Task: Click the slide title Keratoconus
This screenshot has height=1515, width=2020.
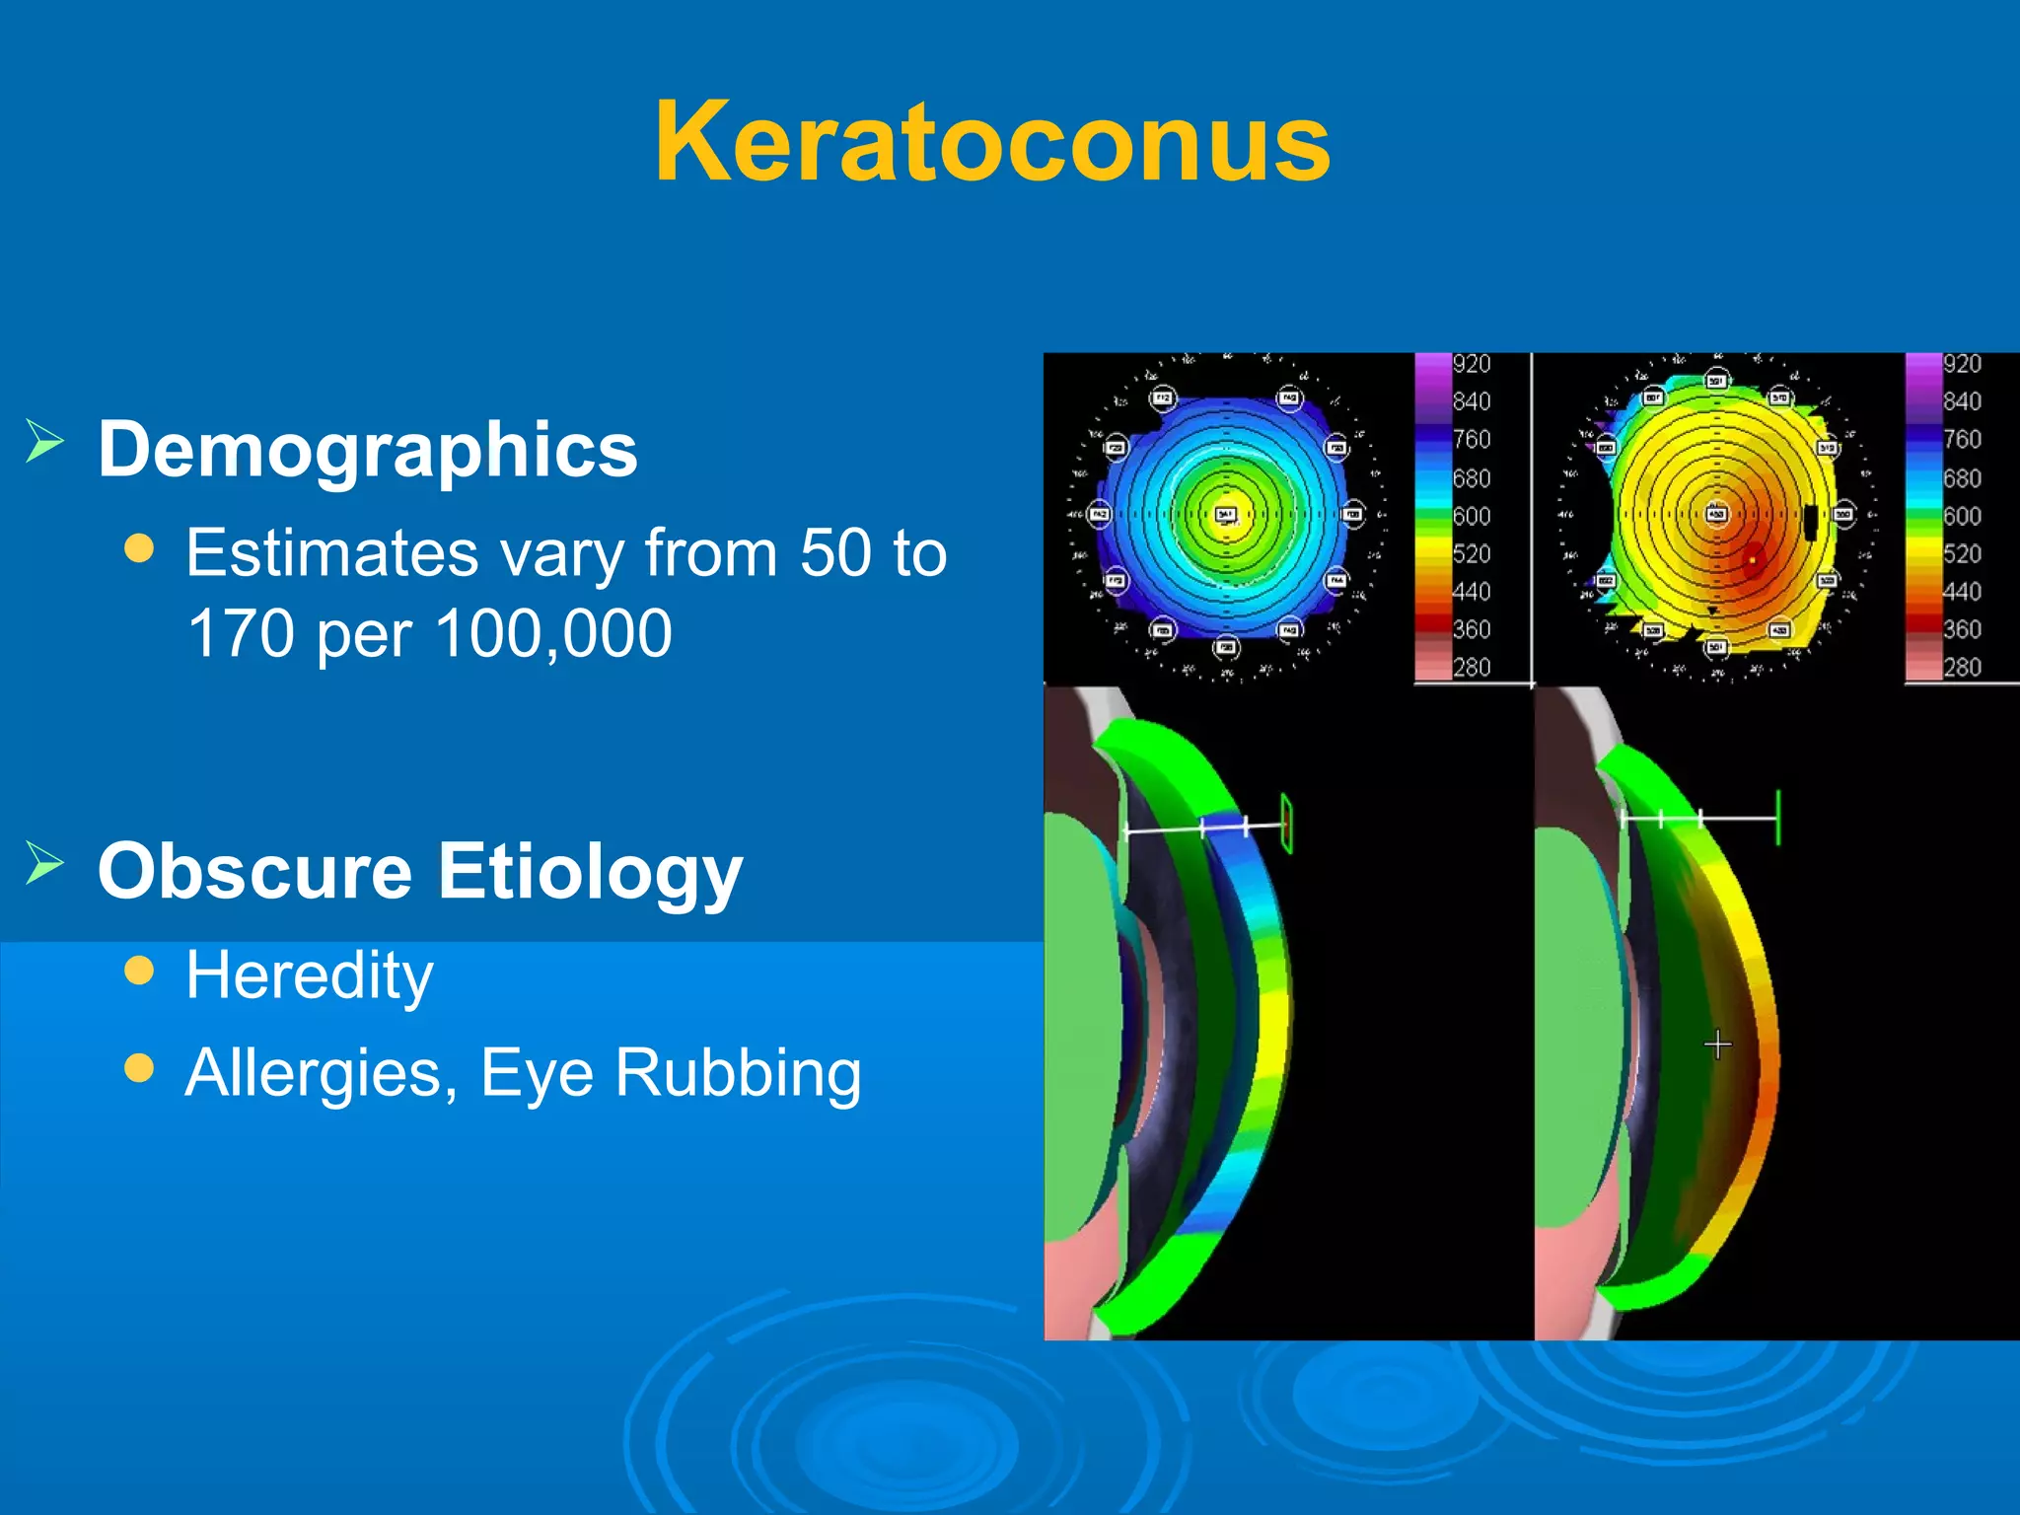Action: coord(992,143)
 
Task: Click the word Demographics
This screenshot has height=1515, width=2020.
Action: coord(368,450)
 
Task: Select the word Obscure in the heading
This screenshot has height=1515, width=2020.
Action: coord(254,872)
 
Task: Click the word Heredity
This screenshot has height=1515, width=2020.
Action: coord(310,975)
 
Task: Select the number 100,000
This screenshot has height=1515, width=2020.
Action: coord(553,633)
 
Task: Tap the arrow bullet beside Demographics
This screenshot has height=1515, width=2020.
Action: coord(44,441)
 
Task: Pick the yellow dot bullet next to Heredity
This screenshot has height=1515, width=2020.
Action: coord(140,971)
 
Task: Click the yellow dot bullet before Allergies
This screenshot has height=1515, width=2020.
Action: coord(140,1067)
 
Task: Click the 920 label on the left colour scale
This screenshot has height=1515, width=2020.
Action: coord(1472,364)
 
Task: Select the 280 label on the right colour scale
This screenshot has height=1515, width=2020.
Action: coord(1962,668)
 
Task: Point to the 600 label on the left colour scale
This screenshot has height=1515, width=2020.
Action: coord(1472,516)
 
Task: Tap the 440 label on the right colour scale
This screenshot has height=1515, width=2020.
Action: coord(1962,592)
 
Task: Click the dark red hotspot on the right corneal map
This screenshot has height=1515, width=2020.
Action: coord(1753,558)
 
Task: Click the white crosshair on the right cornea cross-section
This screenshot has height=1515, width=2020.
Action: coord(1717,1045)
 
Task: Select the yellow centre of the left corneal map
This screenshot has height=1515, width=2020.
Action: coord(1226,514)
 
